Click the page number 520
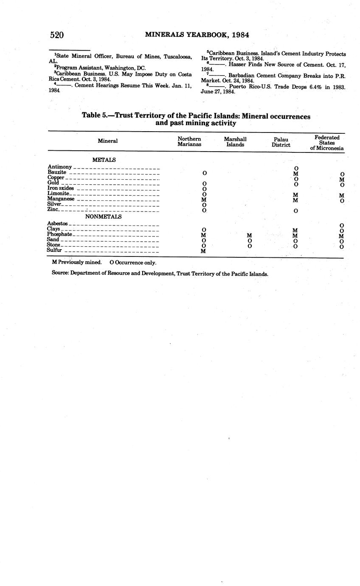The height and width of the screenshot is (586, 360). click(x=56, y=35)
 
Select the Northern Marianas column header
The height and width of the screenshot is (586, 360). click(x=189, y=141)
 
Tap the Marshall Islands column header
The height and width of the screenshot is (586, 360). click(x=235, y=141)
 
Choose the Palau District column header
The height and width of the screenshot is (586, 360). click(x=281, y=142)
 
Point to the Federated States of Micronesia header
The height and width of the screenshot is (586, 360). click(x=326, y=143)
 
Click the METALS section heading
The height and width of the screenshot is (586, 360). click(x=104, y=160)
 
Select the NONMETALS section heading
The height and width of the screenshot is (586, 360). click(x=104, y=217)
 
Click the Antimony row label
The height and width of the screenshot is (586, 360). click(x=59, y=167)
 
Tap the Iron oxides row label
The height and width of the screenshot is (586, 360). click(x=61, y=188)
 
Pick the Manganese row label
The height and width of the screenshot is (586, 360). click(x=61, y=199)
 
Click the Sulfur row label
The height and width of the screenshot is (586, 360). click(x=55, y=251)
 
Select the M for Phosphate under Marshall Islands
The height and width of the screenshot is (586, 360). click(x=250, y=235)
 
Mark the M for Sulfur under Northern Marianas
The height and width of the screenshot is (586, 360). click(x=204, y=251)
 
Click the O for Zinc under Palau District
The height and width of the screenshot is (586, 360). click(x=295, y=211)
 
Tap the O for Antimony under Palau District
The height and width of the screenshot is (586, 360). click(x=296, y=169)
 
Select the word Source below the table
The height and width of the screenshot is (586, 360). click(x=60, y=274)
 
